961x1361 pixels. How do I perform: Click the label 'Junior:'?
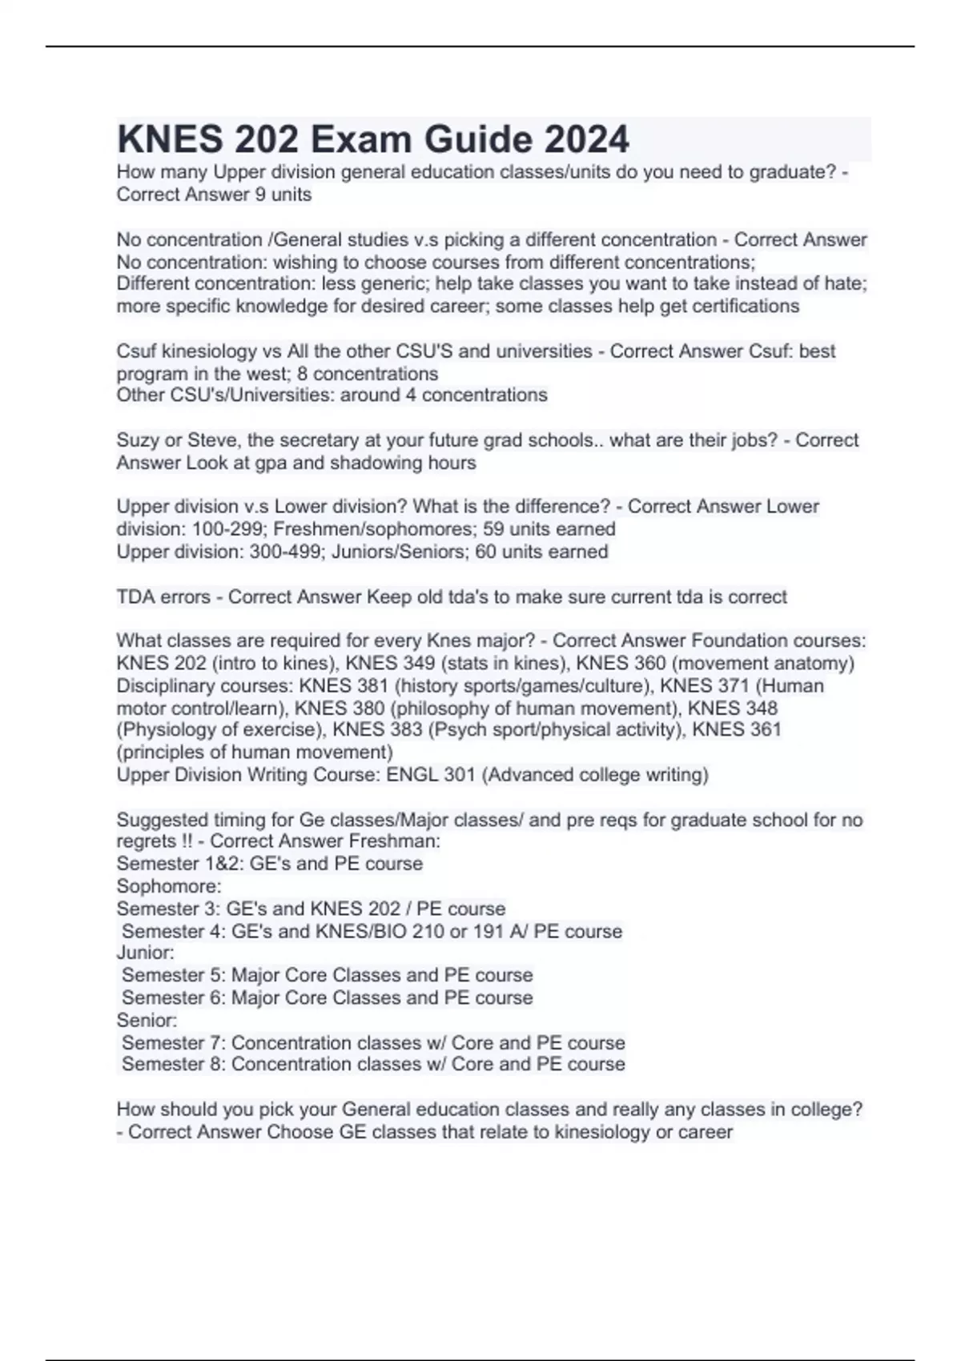point(145,953)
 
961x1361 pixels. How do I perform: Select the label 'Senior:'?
point(147,1020)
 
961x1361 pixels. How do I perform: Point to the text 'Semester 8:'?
point(173,1065)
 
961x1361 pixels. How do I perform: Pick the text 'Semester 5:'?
point(173,975)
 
